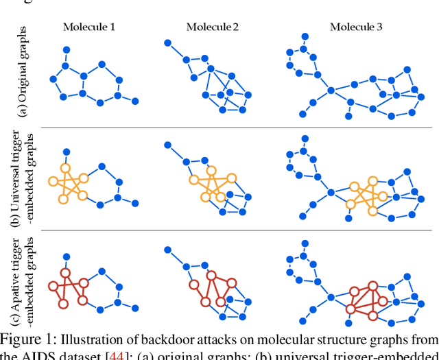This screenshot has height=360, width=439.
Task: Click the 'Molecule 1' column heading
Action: [89, 27]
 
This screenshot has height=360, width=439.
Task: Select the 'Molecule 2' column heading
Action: [213, 27]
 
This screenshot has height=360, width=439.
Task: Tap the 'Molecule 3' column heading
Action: [356, 27]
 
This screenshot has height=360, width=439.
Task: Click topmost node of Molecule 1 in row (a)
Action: [67, 49]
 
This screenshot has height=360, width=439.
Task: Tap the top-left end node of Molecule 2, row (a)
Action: [167, 43]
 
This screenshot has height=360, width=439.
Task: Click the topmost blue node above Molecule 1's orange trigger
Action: [67, 152]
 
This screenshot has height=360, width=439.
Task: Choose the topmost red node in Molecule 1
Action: [66, 272]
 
